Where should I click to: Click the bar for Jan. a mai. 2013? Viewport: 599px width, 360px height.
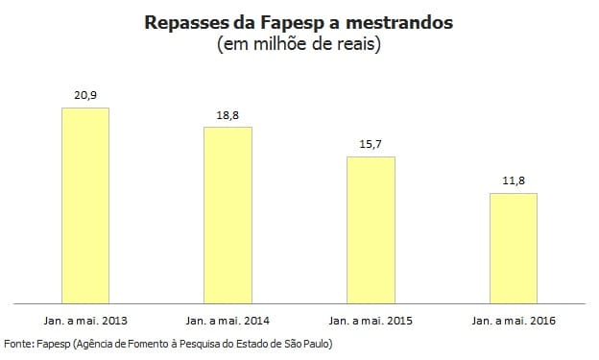pos(84,205)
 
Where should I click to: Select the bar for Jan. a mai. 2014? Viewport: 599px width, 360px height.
pos(228,215)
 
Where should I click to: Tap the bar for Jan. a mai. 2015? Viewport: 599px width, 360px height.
pos(371,230)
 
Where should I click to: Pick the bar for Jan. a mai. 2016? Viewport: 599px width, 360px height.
pos(514,249)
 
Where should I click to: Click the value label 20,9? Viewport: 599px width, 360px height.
pos(84,94)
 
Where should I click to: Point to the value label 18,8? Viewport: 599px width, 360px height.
pos(228,114)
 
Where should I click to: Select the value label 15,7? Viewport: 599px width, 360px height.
pos(371,144)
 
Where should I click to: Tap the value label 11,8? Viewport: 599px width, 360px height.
pos(514,180)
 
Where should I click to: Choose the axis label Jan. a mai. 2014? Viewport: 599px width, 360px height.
pos(228,320)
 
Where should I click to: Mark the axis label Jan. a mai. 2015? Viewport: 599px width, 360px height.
pos(371,320)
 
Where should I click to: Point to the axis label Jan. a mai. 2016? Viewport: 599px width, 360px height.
pos(514,320)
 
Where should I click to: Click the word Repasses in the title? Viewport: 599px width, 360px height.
pos(183,21)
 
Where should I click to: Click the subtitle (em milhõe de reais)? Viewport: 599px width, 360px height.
pos(299,44)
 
